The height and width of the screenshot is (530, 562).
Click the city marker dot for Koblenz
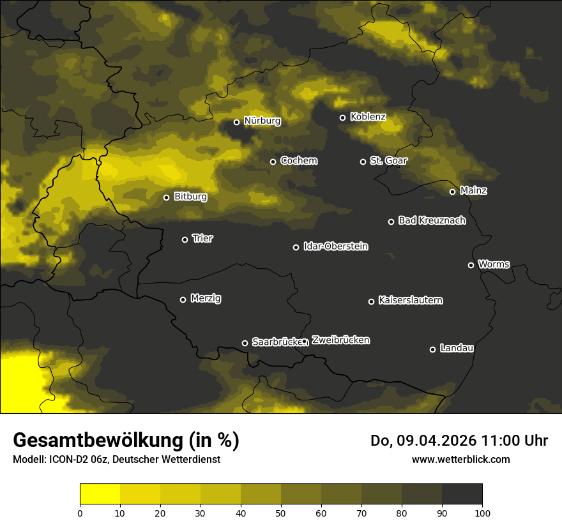point(342,117)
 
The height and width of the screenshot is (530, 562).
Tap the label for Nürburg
point(262,121)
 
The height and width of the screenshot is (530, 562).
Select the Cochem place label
point(298,161)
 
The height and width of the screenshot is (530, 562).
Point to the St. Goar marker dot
point(363,162)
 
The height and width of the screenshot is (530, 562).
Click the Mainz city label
point(473,191)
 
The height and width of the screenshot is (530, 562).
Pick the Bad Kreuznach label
point(432,220)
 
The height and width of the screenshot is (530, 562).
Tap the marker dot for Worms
point(471,265)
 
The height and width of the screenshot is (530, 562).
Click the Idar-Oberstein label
point(335,246)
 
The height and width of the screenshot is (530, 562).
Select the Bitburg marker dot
point(166,197)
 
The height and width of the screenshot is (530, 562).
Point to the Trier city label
point(202,239)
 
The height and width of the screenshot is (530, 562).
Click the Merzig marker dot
point(183,299)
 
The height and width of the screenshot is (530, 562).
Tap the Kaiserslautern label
point(410,300)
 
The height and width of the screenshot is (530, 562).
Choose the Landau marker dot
point(432,349)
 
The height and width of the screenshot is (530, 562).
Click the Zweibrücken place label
point(340,340)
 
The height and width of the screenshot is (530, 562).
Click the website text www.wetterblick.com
point(460,459)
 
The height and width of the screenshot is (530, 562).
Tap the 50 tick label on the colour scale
point(281,513)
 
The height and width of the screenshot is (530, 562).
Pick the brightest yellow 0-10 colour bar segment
point(100,494)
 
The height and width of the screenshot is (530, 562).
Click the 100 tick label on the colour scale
point(482,513)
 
